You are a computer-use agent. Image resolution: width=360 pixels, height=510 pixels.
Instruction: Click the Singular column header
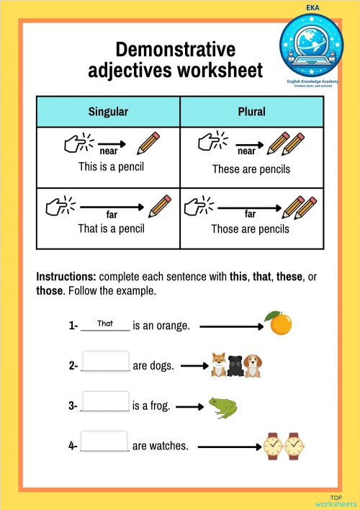pos(108,112)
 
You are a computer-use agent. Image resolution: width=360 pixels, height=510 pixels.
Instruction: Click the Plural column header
pos(251,112)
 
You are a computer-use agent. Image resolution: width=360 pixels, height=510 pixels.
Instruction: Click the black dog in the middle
pos(235,367)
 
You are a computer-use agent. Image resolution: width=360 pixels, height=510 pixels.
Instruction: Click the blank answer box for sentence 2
pos(106,362)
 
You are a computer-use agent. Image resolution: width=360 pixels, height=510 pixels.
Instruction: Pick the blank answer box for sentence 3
pos(106,402)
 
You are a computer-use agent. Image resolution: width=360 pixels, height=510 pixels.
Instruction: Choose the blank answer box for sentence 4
pos(105,442)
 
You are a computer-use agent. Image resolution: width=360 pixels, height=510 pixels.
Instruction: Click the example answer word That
pos(106,323)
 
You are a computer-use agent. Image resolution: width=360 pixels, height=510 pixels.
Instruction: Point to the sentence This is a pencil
pos(111,166)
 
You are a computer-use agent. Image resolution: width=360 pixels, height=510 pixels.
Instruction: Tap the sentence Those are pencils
pos(250,229)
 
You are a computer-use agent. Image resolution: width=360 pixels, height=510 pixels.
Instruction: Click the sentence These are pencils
pos(251,169)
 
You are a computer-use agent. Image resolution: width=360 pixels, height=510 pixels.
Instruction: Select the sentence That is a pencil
pos(111,228)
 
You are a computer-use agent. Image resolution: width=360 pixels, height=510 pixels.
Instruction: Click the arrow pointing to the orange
pos(232,326)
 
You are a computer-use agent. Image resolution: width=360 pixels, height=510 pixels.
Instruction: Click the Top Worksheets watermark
pos(335,501)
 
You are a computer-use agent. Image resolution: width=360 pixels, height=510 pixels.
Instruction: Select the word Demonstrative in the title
pos(176,50)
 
